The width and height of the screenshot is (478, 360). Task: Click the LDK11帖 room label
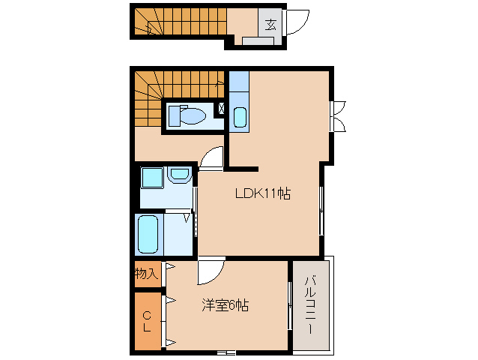[x=263, y=193]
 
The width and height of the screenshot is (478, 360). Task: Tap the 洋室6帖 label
[x=225, y=304]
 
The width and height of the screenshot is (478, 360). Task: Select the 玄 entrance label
[x=270, y=25]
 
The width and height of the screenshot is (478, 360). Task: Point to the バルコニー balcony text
[x=311, y=304]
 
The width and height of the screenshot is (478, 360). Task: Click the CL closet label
[x=148, y=321]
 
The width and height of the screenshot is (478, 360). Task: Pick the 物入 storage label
[x=147, y=273]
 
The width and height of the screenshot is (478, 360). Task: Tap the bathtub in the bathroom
[x=148, y=234]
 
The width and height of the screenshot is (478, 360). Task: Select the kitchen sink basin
[x=240, y=117]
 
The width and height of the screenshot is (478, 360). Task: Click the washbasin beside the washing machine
[x=179, y=174]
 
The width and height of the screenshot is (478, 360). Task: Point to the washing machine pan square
[x=152, y=178]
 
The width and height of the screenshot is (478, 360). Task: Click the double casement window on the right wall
[x=337, y=116]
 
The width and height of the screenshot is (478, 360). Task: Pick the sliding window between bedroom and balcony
[x=290, y=306]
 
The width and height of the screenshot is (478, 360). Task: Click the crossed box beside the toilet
[x=221, y=108]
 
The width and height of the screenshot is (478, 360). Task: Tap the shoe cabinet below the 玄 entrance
[x=258, y=41]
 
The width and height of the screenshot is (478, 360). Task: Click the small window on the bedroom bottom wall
[x=226, y=353]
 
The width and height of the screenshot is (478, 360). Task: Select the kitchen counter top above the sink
[x=239, y=81]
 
